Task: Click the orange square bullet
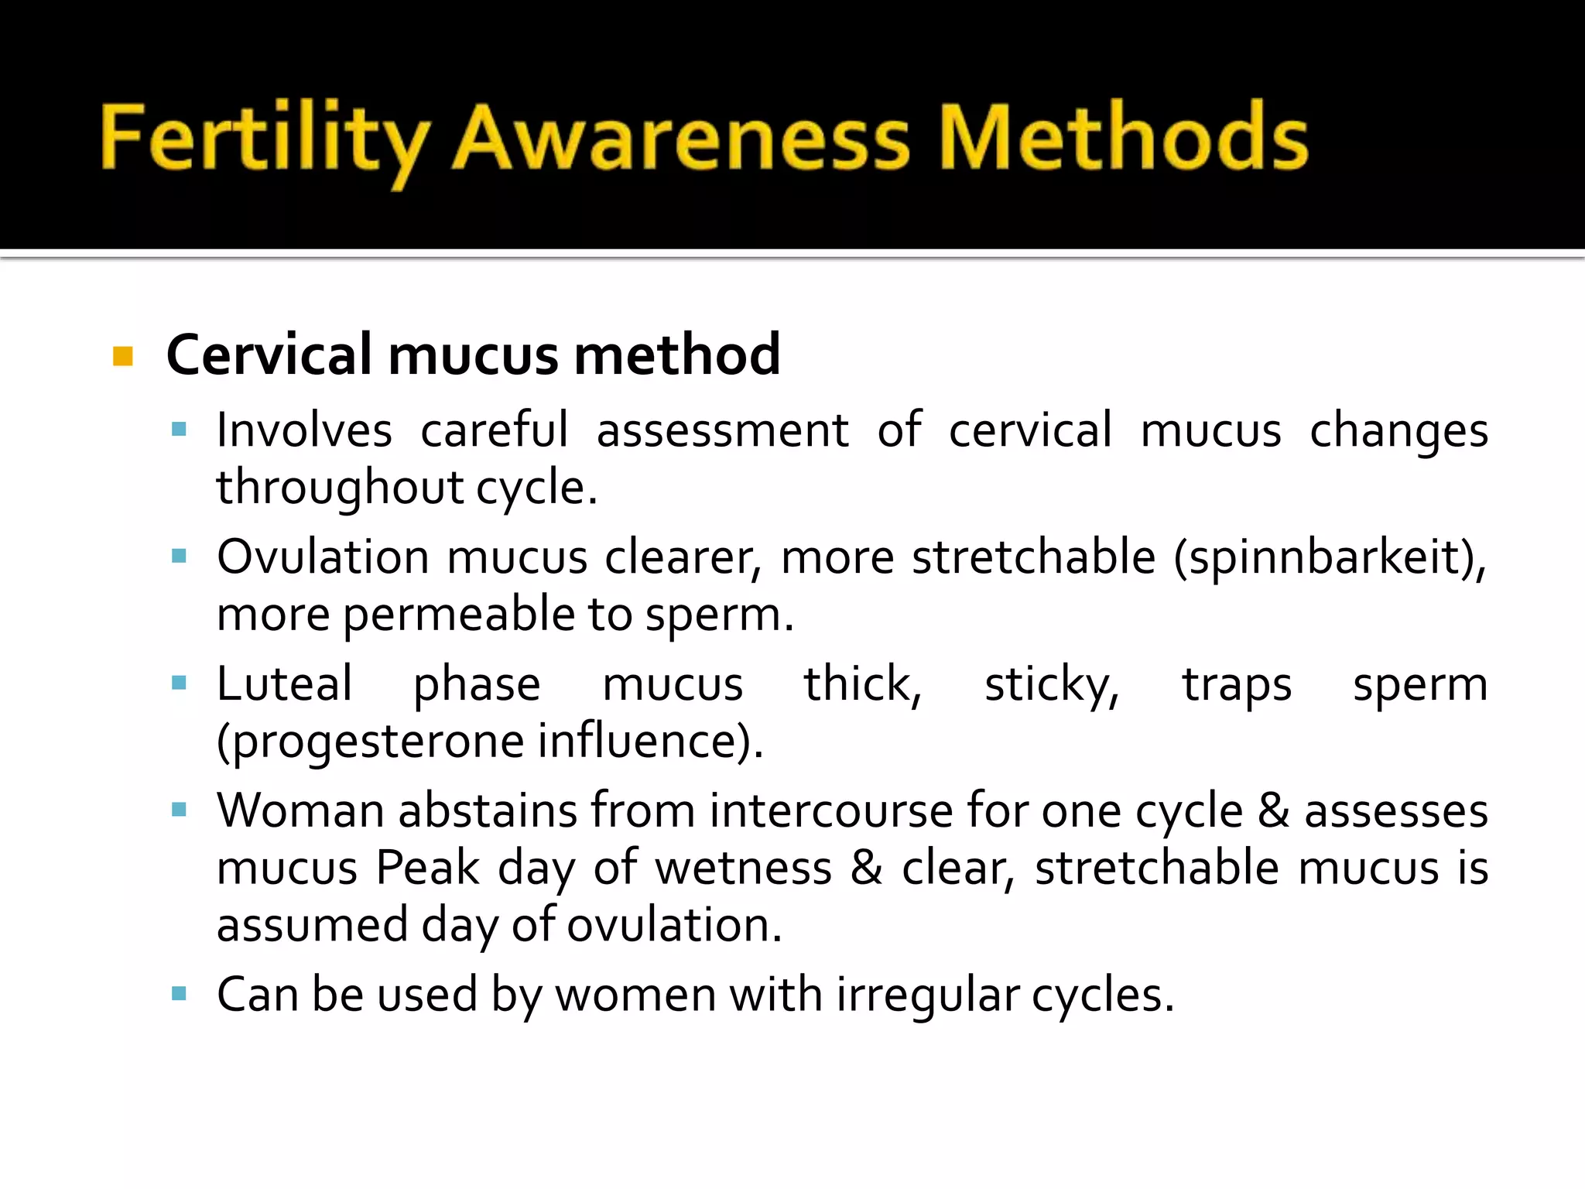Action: [x=123, y=356]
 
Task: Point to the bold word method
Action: [x=677, y=355]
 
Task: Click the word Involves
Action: [x=304, y=430]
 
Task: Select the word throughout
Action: [x=339, y=488]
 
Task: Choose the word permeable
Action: [x=458, y=615]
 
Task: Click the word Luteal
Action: [x=284, y=684]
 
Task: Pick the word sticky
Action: [x=1051, y=684]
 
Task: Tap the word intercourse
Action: [x=831, y=811]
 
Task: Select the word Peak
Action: [x=427, y=868]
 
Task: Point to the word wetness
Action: [x=743, y=868]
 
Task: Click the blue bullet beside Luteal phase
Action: [x=180, y=683]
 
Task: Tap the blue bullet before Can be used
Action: [x=180, y=994]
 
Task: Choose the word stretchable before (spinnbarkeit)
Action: [x=1033, y=557]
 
